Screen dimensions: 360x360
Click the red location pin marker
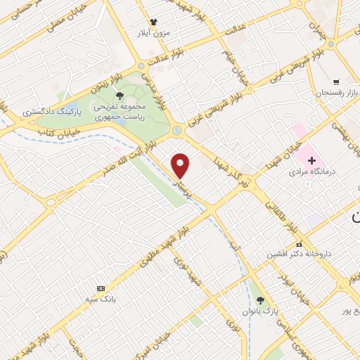pyautogui.click(x=181, y=165)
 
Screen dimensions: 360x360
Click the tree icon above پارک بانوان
pyautogui.click(x=261, y=300)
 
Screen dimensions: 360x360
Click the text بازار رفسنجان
pyautogui.click(x=321, y=92)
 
